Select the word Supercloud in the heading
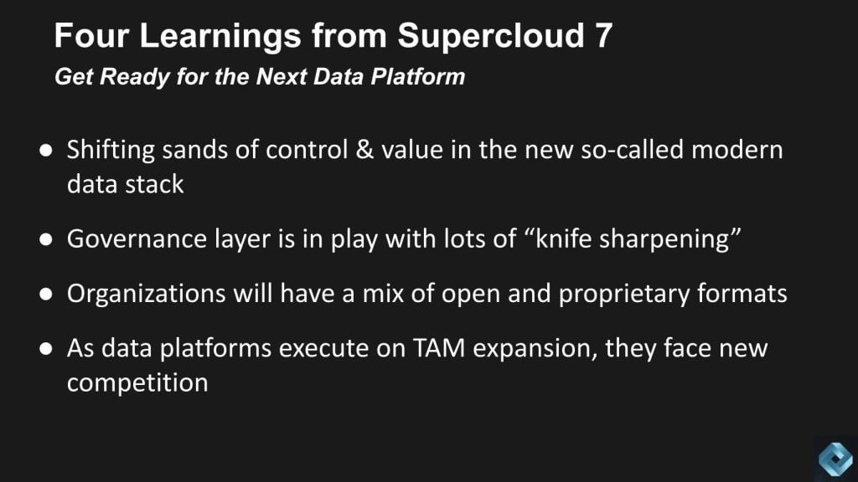point(489,36)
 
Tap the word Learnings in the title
point(220,37)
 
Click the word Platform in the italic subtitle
point(417,76)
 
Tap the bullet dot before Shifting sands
point(46,151)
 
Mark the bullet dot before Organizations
point(46,294)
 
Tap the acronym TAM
point(439,348)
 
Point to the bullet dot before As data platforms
point(46,349)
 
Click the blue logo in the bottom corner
point(835,459)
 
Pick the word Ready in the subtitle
point(134,77)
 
